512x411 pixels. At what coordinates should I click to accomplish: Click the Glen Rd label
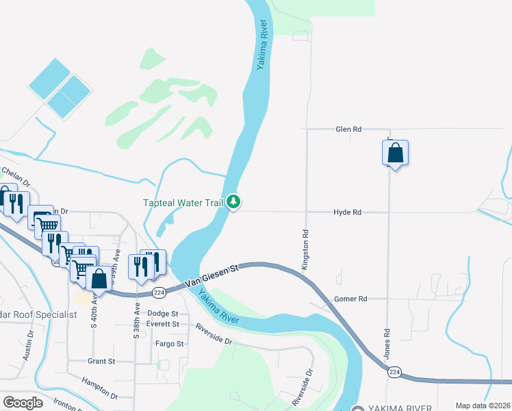coord(348,129)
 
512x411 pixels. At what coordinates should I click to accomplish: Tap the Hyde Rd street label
coord(347,212)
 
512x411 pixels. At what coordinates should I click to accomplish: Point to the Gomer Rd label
coord(350,299)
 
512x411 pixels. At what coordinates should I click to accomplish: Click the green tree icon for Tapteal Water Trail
coord(234,201)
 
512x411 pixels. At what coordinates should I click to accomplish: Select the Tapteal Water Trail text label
coord(183,203)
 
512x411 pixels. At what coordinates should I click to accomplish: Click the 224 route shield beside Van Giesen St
coord(158,292)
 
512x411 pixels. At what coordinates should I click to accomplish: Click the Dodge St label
coord(162,314)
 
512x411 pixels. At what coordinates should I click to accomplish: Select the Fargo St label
coord(169,344)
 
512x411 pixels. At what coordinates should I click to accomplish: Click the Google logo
coord(23,402)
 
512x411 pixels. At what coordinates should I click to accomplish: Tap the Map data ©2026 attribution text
coord(483,406)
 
